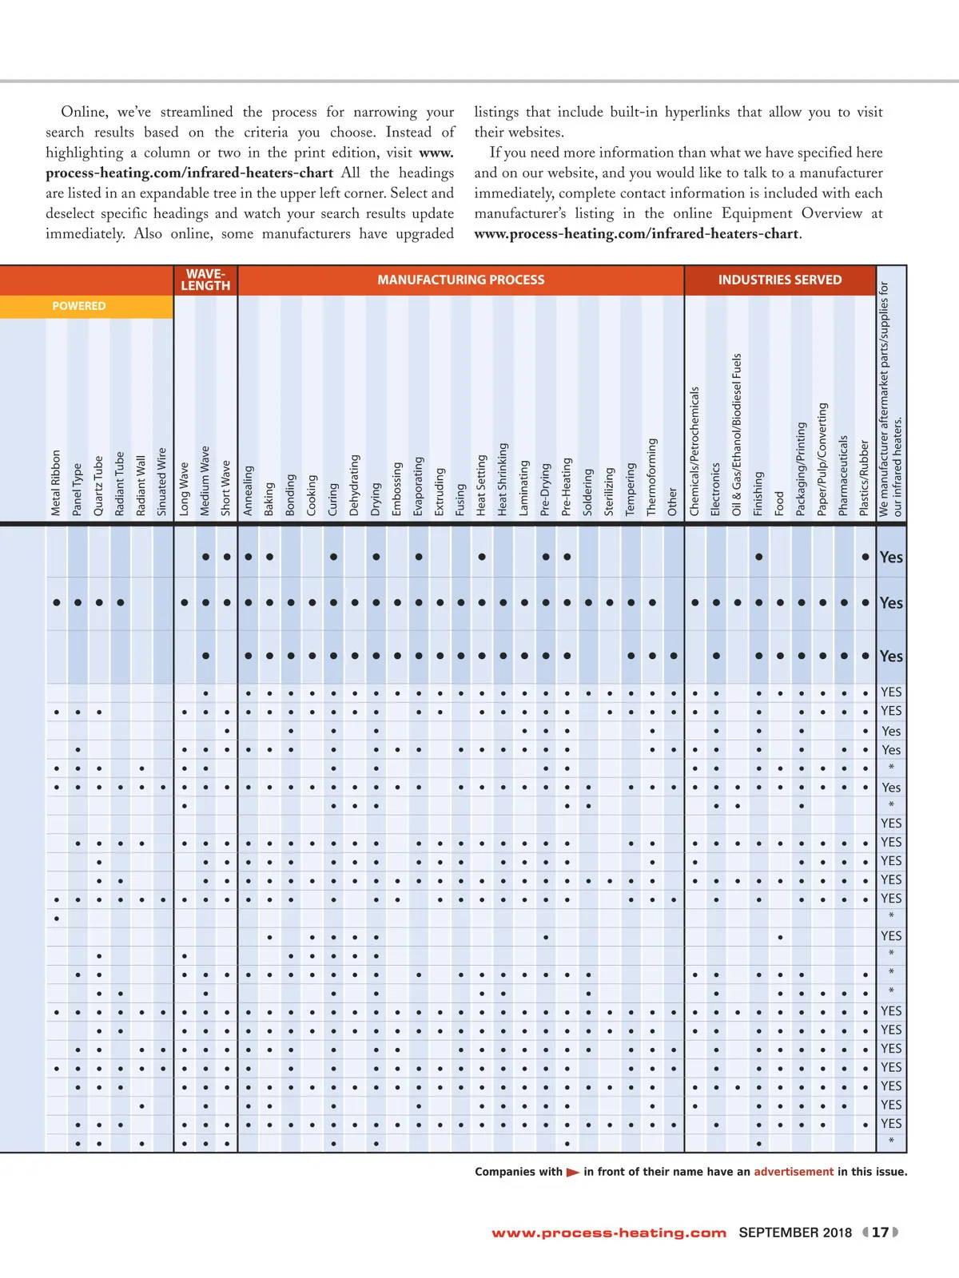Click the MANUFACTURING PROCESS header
pos(461,280)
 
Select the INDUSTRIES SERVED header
pos(779,280)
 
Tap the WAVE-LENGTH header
pos(205,280)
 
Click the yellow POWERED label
pos(79,306)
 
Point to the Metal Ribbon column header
pos(56,482)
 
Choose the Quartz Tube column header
pos(98,486)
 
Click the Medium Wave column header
pos(205,481)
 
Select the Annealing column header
pos(249,490)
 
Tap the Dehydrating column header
pos(355,485)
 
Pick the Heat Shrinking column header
pos(503,479)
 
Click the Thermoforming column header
pos(652,477)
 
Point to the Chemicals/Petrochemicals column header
pos(694,451)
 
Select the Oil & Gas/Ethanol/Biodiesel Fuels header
pos(737,435)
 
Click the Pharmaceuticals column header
pos(843,475)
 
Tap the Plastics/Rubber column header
pos(864,478)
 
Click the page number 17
pos(880,1232)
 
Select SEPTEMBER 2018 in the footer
pos(795,1232)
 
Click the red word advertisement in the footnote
pos(794,1172)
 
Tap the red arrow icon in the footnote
pos(573,1173)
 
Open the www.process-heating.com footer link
pos(609,1232)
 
